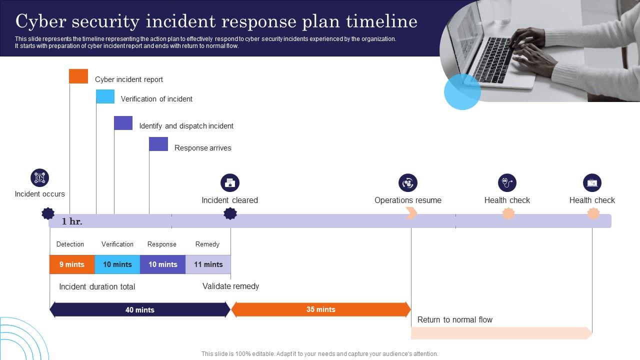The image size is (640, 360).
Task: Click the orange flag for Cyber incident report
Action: click(x=78, y=76)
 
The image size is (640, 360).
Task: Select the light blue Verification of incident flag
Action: click(x=105, y=96)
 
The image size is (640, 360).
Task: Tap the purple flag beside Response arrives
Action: click(x=158, y=144)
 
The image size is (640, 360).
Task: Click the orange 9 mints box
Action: click(x=72, y=264)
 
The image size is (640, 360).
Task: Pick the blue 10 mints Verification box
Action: click(x=117, y=264)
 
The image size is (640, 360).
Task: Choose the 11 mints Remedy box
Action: click(x=208, y=264)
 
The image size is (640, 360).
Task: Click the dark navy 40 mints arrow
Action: click(x=140, y=309)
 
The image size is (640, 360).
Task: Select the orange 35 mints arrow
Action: click(x=320, y=309)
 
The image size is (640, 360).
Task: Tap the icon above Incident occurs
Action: click(x=39, y=177)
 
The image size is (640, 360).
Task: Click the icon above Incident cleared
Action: click(x=230, y=183)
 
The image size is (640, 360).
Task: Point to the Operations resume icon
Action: click(x=408, y=183)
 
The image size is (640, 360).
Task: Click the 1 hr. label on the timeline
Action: click(x=72, y=221)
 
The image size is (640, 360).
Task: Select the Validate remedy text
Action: click(x=230, y=286)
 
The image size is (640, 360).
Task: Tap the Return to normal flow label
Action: click(x=455, y=319)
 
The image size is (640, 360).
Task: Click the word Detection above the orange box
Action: click(x=70, y=244)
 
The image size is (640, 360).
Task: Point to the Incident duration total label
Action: click(x=97, y=287)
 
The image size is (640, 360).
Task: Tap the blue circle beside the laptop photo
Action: click(x=462, y=92)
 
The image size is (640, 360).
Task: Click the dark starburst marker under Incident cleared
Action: click(x=230, y=214)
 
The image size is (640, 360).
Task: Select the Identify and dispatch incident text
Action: click(x=186, y=126)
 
